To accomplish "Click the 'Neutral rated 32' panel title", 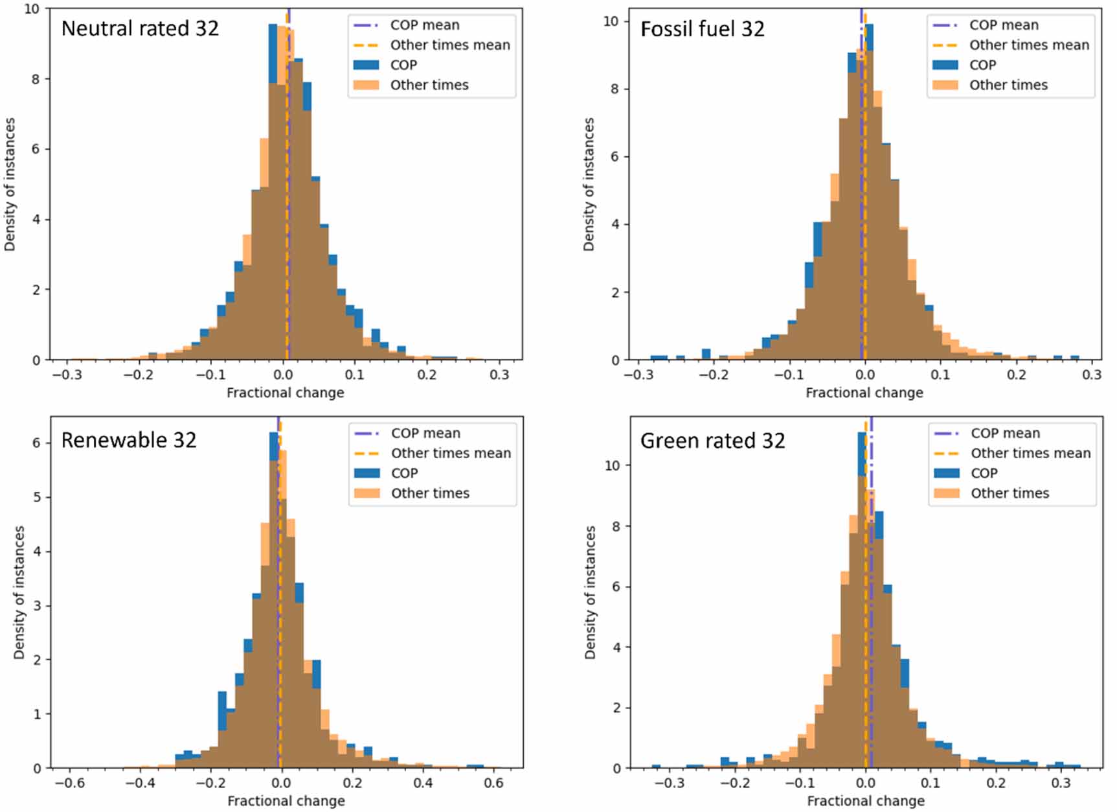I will (x=140, y=29).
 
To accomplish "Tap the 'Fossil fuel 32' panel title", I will (x=702, y=29).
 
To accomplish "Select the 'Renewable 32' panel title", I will (x=128, y=440).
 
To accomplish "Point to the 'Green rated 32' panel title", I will (x=712, y=441).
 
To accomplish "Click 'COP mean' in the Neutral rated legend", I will (x=424, y=25).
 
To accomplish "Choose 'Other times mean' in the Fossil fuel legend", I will (x=1029, y=45).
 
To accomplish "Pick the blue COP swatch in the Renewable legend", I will (x=367, y=473).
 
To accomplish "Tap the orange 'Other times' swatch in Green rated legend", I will (x=946, y=493).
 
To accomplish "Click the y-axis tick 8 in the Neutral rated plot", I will (x=35, y=79).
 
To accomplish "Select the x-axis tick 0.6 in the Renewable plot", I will (x=493, y=783).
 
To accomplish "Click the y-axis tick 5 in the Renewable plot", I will (x=36, y=497).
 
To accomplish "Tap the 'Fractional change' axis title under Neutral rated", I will (x=285, y=393).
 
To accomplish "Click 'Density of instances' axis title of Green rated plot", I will (x=590, y=592).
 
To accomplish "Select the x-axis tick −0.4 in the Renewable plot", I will (x=140, y=783).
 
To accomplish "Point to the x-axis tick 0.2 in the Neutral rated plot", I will (x=427, y=375).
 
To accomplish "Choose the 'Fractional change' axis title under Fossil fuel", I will (x=864, y=393).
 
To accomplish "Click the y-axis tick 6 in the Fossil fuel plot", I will (x=615, y=157).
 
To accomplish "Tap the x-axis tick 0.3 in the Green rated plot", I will (x=1061, y=783).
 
